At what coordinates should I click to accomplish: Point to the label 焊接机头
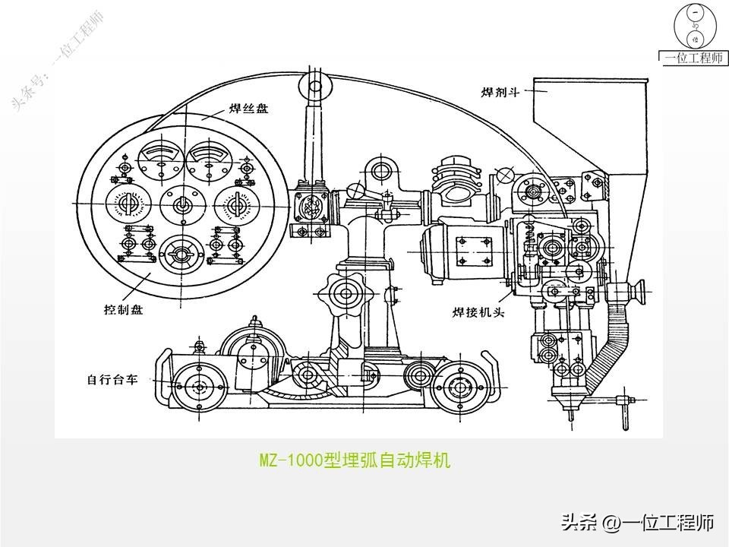click(478, 311)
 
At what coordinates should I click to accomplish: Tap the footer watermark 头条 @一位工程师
click(637, 523)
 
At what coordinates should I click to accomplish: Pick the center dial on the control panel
click(182, 204)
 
